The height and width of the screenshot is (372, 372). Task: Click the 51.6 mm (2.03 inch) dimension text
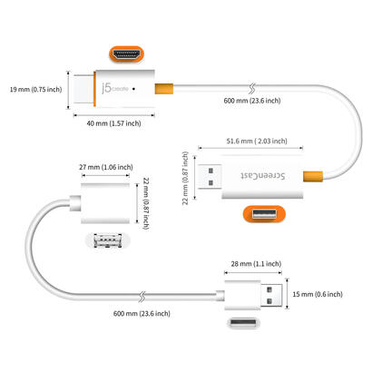click(255, 142)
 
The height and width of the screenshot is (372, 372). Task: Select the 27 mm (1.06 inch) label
click(103, 167)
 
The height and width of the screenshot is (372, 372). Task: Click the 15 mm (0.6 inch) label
click(321, 294)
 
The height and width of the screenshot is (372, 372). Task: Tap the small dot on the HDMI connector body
click(134, 90)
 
